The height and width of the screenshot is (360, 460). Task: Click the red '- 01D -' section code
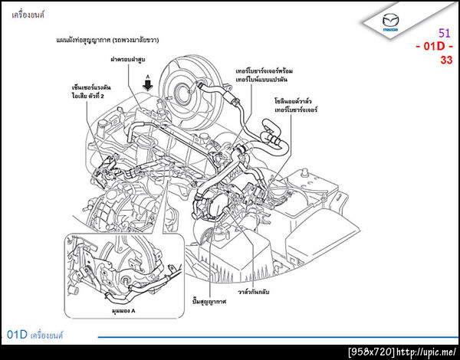click(434, 47)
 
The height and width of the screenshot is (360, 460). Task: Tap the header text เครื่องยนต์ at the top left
click(28, 13)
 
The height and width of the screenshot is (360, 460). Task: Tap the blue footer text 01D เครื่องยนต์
click(34, 335)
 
